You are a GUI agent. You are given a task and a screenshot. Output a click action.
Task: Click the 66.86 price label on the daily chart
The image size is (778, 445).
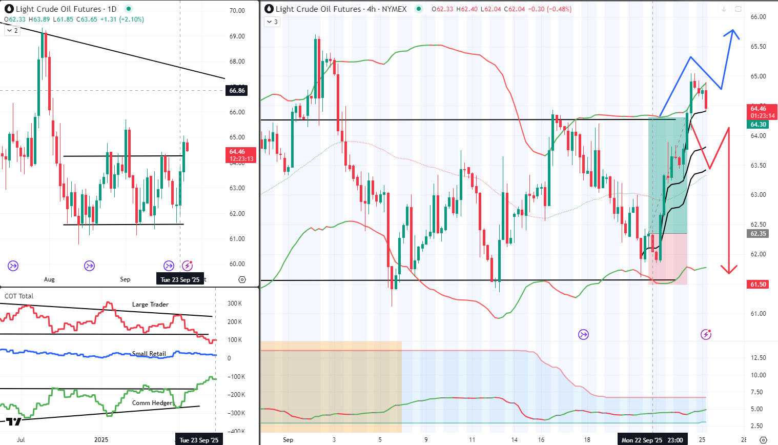237,91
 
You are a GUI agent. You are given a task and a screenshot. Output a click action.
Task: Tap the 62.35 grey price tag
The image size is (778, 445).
758,234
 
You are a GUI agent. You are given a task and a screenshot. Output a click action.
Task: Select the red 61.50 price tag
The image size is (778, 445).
758,285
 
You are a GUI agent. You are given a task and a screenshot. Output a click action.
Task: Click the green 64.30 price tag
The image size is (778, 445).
758,125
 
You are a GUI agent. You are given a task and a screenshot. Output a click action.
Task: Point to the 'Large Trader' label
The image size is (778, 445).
150,305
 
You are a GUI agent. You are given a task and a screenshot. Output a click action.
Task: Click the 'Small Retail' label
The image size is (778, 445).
149,354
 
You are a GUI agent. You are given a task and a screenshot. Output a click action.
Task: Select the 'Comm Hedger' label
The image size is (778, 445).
152,403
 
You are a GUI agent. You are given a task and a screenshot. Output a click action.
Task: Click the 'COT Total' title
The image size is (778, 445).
19,296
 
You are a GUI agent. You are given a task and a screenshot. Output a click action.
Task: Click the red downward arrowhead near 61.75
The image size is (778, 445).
729,270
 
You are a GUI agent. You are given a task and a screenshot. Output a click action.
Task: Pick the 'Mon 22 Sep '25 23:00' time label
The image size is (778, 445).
652,440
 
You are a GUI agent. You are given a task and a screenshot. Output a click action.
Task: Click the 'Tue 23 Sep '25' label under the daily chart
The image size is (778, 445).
180,279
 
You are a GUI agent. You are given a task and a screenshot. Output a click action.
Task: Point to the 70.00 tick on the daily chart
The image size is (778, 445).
237,11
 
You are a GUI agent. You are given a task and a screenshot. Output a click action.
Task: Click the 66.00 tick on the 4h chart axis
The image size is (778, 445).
758,17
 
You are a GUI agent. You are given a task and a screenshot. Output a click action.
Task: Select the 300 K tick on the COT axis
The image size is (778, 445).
235,304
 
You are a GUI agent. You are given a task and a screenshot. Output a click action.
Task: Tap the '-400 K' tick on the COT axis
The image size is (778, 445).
236,432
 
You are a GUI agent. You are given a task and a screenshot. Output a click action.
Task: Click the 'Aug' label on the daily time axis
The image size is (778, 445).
49,279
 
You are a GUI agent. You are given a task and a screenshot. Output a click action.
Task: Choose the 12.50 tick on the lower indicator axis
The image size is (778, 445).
759,358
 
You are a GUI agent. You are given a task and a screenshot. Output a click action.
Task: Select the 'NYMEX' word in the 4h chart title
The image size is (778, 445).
394,9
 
